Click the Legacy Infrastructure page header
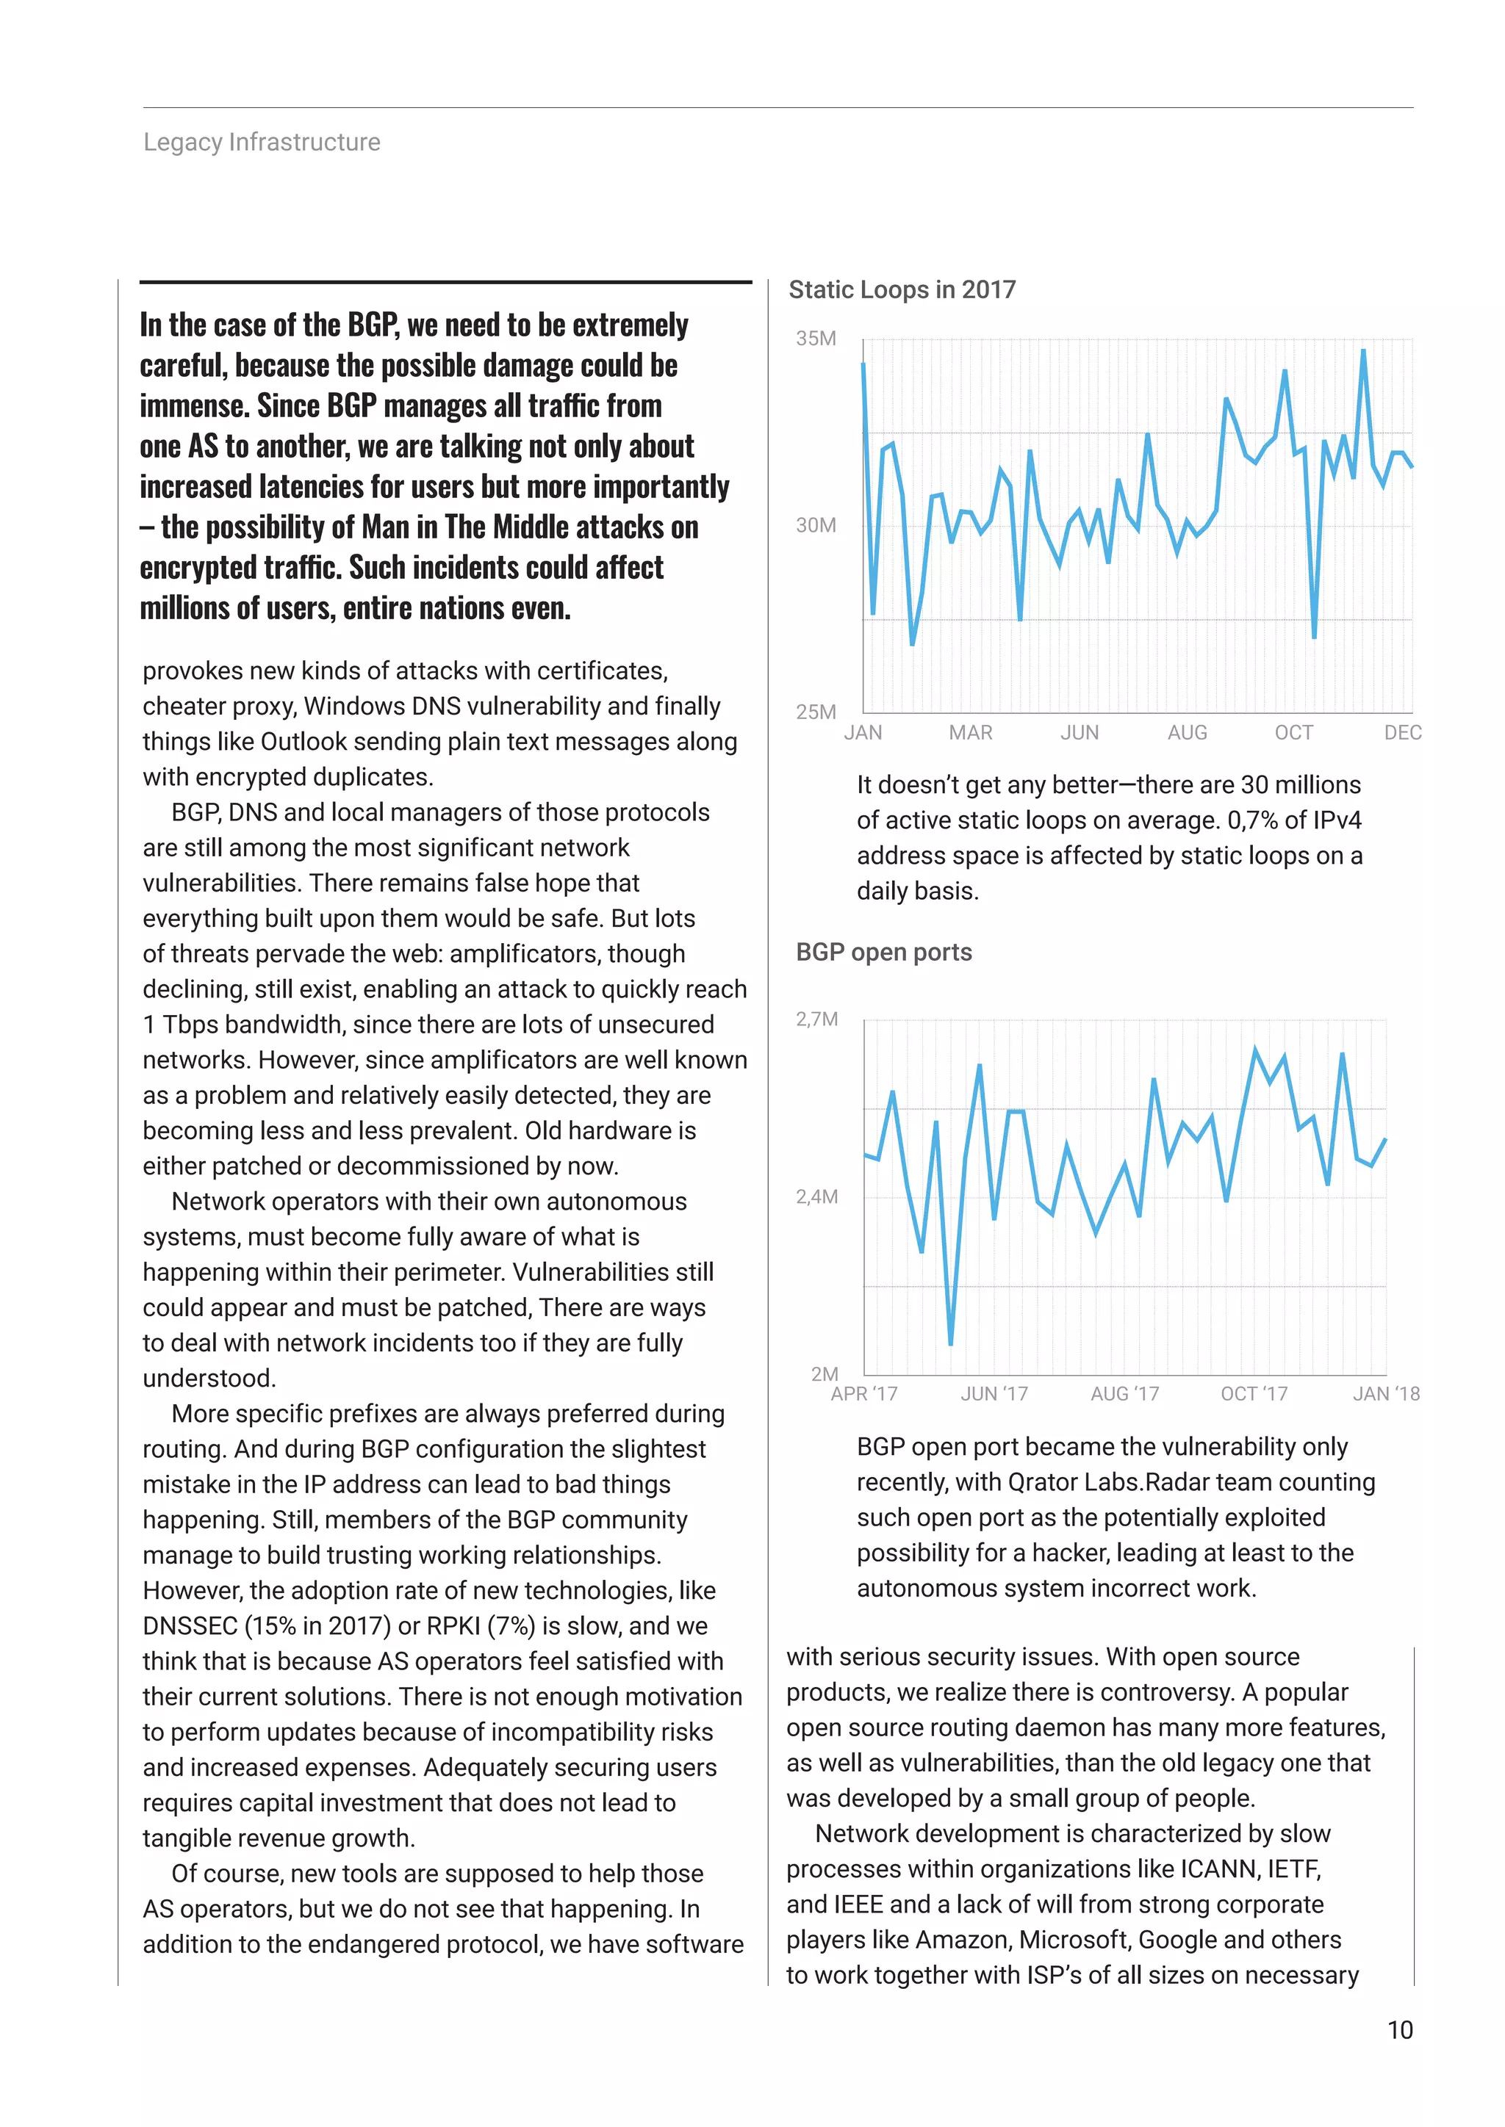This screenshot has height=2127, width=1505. tap(262, 142)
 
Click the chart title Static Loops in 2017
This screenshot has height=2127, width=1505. tap(902, 290)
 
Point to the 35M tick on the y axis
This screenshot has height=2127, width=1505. tap(816, 339)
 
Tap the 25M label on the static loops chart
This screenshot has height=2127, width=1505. tap(816, 712)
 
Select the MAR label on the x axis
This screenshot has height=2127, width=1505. tap(970, 733)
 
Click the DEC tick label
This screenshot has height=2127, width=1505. tap(1402, 733)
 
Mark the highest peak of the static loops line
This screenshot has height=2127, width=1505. tap(1363, 351)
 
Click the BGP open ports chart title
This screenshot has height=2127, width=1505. tap(883, 953)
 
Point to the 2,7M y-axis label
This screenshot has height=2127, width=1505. tap(816, 1019)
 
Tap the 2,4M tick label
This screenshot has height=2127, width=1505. tap(816, 1197)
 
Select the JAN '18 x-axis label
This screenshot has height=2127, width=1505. tap(1385, 1394)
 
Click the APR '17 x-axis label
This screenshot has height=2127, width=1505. tap(863, 1394)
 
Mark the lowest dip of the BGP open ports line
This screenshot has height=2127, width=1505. tap(951, 1343)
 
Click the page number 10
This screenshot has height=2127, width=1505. tap(1399, 2031)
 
